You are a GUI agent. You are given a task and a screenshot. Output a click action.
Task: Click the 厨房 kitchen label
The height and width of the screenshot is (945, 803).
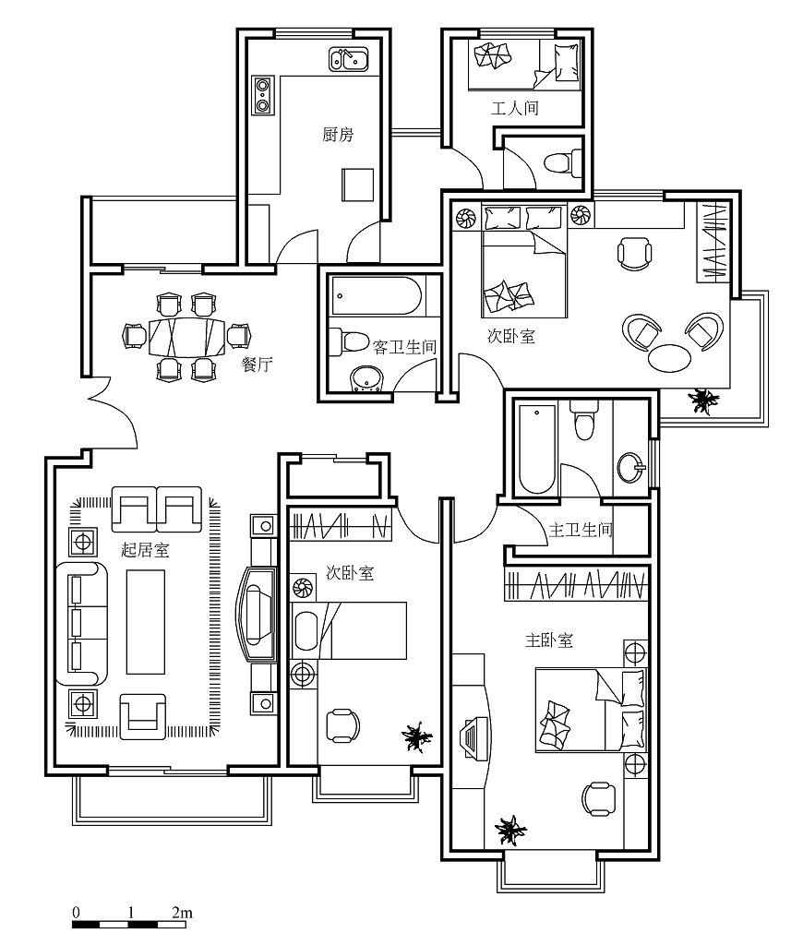coord(338,134)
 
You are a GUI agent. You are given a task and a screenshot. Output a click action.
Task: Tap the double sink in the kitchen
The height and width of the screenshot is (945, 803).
coord(349,60)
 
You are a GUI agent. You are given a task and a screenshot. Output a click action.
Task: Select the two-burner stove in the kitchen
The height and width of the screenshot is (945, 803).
coord(262,95)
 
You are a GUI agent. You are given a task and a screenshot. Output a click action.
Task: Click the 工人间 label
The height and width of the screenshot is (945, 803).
coord(514,109)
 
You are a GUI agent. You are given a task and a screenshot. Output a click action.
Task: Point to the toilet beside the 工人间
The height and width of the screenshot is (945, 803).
coord(561,162)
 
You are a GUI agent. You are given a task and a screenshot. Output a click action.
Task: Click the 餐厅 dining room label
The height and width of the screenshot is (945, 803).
coord(257,364)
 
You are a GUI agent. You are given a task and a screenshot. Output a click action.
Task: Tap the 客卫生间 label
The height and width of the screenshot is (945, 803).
coord(404,347)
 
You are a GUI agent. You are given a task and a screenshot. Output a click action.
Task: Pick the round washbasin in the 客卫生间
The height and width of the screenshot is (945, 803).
coord(366,378)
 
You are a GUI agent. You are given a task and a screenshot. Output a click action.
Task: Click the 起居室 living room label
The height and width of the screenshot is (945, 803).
coord(145,550)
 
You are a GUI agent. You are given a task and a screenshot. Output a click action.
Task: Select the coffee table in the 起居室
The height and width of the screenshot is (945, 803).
coord(145,621)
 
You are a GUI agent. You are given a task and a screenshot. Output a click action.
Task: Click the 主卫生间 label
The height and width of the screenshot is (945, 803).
coord(580,530)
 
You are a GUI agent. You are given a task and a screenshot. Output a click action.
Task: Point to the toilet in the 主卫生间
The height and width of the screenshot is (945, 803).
coord(584,419)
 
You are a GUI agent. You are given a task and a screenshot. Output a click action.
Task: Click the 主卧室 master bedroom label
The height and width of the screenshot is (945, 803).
coord(548,640)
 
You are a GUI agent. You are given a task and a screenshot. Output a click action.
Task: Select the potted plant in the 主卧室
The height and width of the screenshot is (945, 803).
coord(510,831)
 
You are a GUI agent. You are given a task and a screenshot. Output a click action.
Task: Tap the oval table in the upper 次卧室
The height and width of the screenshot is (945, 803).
coord(669,359)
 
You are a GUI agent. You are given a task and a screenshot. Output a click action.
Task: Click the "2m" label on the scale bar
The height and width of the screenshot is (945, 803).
coord(182,912)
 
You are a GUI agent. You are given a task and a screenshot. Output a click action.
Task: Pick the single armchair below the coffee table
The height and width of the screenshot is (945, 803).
coord(142,716)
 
